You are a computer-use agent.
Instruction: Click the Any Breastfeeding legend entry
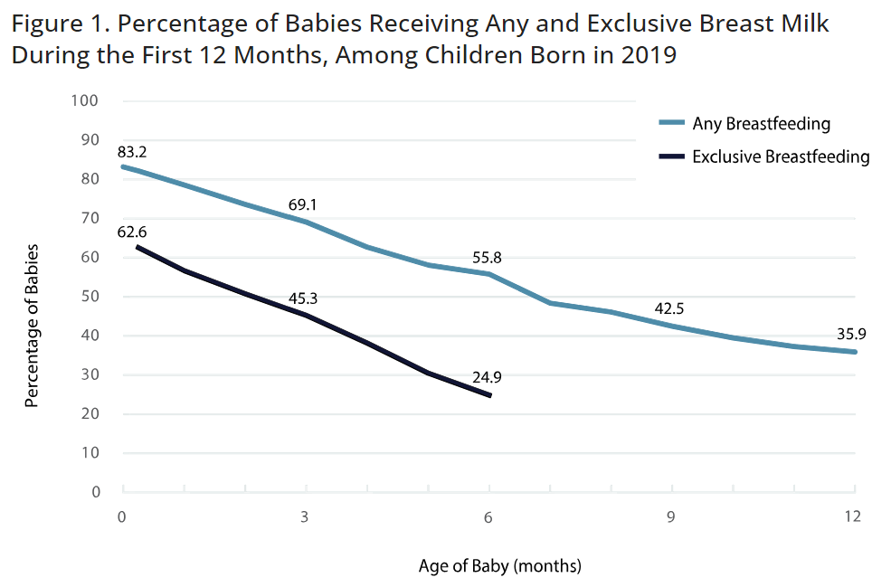(x=761, y=123)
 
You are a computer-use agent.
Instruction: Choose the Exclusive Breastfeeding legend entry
(x=780, y=156)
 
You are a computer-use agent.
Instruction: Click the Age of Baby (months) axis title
(x=499, y=567)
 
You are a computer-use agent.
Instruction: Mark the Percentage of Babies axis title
(x=32, y=325)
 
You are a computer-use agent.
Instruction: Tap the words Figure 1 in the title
(x=52, y=24)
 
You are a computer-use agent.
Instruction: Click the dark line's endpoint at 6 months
(x=489, y=395)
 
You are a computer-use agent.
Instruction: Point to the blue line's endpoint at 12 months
(x=855, y=352)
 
